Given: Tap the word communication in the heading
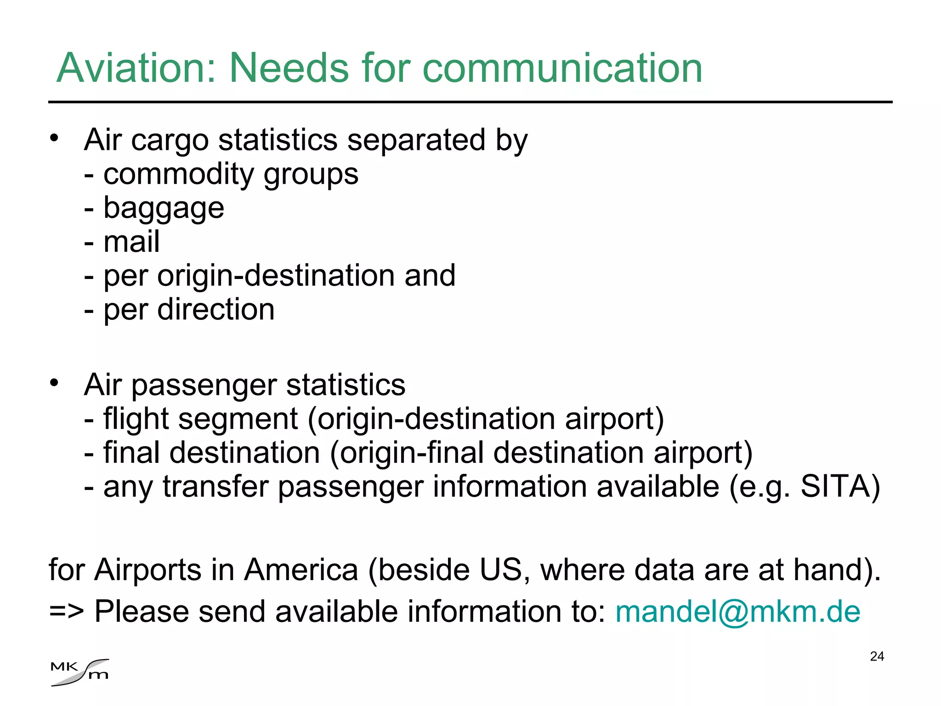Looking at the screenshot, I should [562, 68].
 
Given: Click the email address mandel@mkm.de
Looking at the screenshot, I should [737, 612].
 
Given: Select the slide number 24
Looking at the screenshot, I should [877, 656].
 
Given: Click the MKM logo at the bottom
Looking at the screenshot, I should [80, 672].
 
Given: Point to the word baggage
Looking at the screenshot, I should [164, 208].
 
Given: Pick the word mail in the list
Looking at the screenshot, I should [131, 242].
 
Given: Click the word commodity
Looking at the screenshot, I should [179, 175].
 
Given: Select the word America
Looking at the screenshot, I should [301, 570].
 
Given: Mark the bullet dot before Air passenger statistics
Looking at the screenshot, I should [55, 382].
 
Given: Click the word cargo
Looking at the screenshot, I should [170, 141].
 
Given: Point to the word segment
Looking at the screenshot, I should [238, 419].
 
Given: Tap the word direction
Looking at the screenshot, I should [215, 309].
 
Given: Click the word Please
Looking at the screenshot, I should [142, 612].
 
